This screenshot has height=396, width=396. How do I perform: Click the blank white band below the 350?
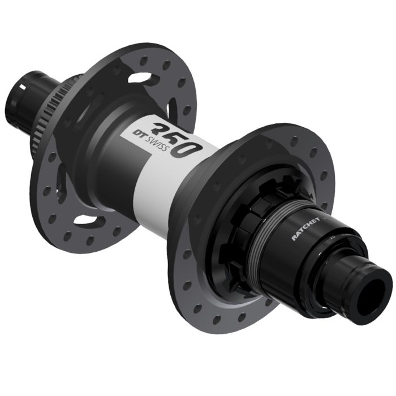tap(164, 181)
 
